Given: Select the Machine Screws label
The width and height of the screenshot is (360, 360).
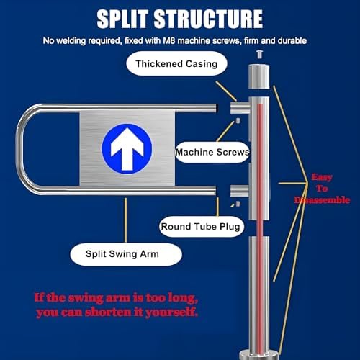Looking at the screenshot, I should (212, 152).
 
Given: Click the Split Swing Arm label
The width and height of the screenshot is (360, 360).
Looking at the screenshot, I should (125, 253).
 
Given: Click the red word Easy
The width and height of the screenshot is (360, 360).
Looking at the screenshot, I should (323, 176).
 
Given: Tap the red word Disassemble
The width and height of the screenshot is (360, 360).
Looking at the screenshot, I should (323, 201).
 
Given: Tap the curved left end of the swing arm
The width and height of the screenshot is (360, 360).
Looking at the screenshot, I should (22, 150).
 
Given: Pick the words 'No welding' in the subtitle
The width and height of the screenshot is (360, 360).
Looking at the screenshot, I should (66, 40).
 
